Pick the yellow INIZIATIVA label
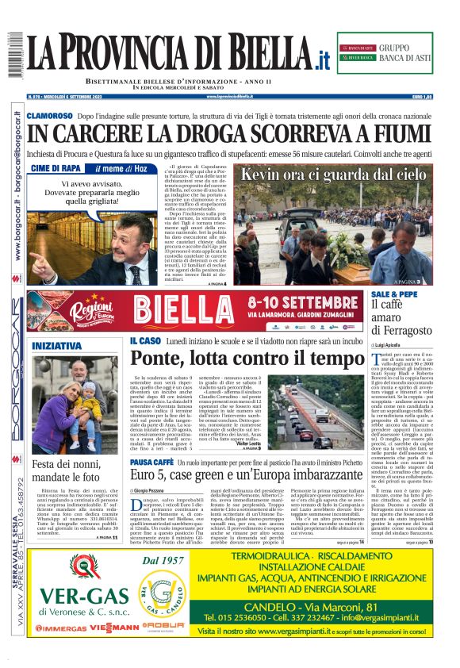(x=56, y=346)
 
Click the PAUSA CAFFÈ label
(x=151, y=461)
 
